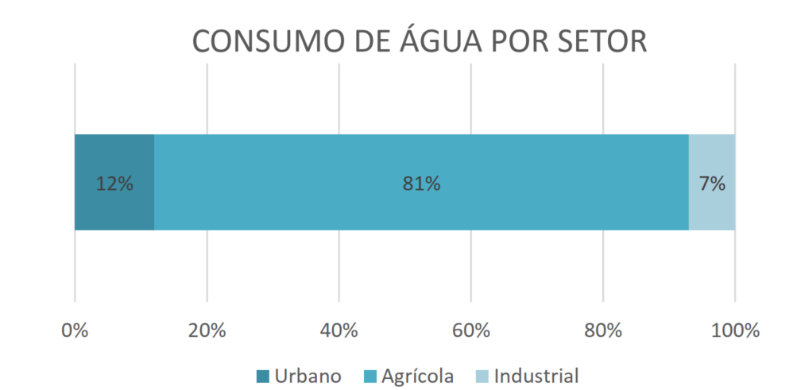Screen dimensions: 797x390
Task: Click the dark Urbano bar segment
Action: pos(114,183)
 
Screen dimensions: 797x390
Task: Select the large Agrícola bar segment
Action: pos(421,183)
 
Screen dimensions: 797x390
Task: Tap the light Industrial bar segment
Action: pos(712,183)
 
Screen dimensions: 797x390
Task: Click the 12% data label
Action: pos(114,183)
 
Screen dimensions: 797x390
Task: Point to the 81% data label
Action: pos(421,183)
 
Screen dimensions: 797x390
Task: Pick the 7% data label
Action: pos(712,183)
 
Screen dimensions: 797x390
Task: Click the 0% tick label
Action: pos(75,331)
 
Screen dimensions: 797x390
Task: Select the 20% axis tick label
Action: pos(207,331)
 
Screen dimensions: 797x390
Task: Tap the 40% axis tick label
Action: pos(339,331)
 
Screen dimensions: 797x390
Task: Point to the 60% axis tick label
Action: pos(471,331)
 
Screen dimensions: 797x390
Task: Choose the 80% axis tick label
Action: pos(603,331)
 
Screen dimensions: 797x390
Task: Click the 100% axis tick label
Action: pos(735,331)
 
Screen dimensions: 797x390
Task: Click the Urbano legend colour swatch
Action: pos(263,376)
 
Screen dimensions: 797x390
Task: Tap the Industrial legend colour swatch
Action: pos(482,376)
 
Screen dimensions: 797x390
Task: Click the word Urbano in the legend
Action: pos(308,376)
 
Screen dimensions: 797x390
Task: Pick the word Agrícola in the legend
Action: pos(418,376)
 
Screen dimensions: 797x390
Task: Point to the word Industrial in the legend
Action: pos(536,376)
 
